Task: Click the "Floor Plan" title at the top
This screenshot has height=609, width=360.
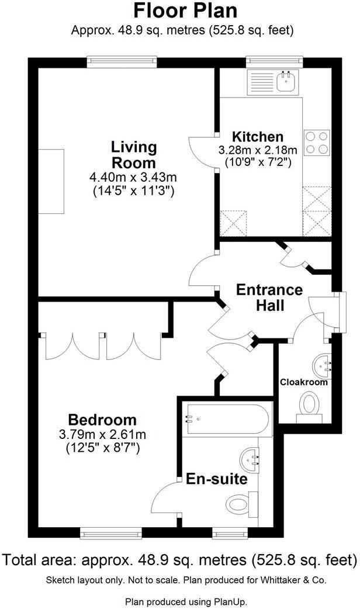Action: pos(180,11)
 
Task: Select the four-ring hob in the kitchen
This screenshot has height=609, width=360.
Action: pos(316,142)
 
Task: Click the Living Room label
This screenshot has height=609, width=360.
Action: pos(134,154)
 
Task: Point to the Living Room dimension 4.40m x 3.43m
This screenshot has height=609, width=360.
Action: pos(134,177)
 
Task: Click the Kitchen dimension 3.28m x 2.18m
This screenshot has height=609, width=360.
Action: pos(258,150)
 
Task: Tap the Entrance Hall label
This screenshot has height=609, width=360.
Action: pos(269,297)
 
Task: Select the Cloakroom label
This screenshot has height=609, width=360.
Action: pos(303,382)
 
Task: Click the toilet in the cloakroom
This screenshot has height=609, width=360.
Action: pos(310,405)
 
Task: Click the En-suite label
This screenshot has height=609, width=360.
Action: pos(216,479)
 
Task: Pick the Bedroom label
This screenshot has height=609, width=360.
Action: pos(102,420)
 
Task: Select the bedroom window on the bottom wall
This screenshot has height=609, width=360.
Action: pos(110,532)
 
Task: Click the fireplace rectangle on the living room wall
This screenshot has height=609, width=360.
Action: pos(51,182)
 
